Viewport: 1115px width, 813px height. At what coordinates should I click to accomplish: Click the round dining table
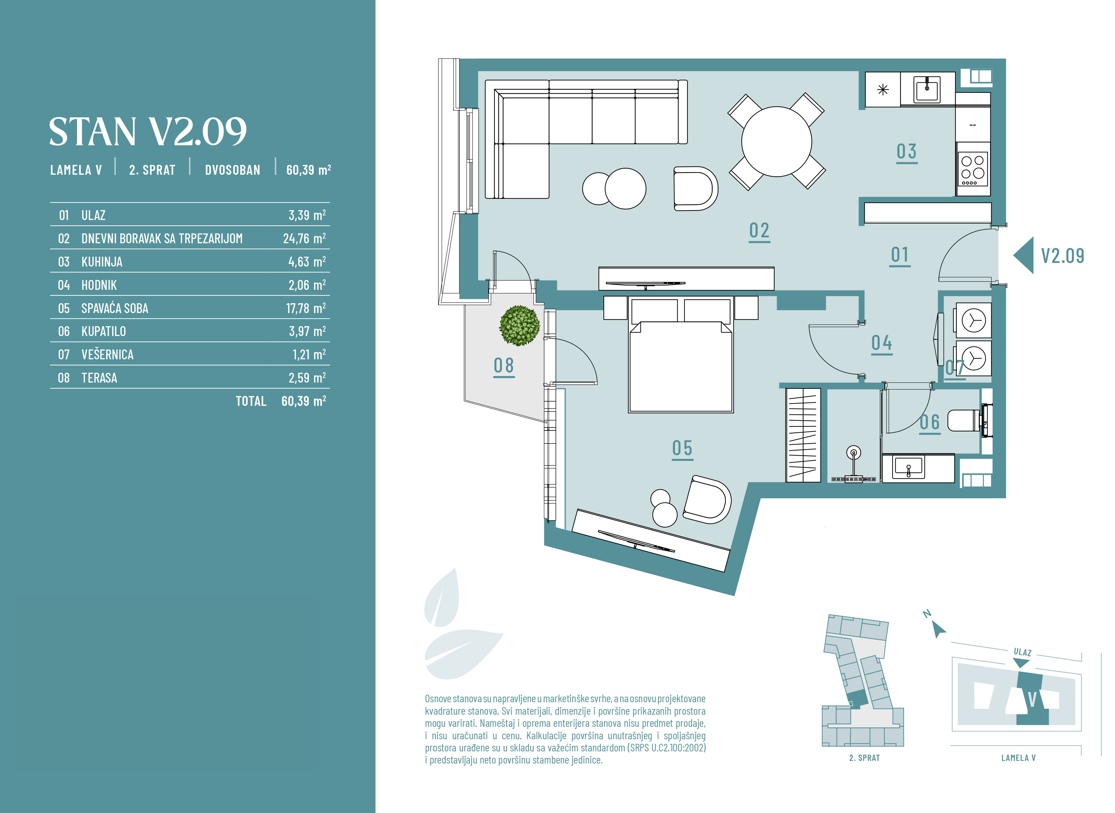(777, 142)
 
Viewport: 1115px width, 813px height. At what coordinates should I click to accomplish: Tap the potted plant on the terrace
(519, 325)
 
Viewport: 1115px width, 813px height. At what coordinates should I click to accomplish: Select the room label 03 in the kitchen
(907, 152)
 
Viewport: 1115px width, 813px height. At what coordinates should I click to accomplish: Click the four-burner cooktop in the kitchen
(973, 168)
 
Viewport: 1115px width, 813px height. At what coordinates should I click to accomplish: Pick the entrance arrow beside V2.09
(1023, 255)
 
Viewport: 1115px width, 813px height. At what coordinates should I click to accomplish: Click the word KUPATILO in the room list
(103, 331)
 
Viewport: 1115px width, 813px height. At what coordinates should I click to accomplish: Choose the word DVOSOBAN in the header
(232, 170)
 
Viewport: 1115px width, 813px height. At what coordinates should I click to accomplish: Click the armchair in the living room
(695, 188)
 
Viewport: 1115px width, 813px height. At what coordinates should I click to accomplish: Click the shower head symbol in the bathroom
(853, 452)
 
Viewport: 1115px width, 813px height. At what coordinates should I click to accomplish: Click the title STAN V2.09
(148, 132)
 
